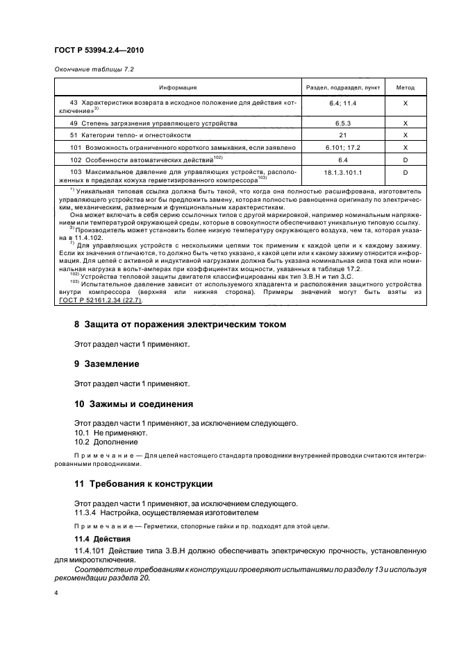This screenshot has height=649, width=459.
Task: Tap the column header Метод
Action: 405,87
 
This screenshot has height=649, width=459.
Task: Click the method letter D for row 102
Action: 405,159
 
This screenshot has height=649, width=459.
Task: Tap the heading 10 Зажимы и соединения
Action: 133,404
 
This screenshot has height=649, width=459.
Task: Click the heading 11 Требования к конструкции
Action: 143,483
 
